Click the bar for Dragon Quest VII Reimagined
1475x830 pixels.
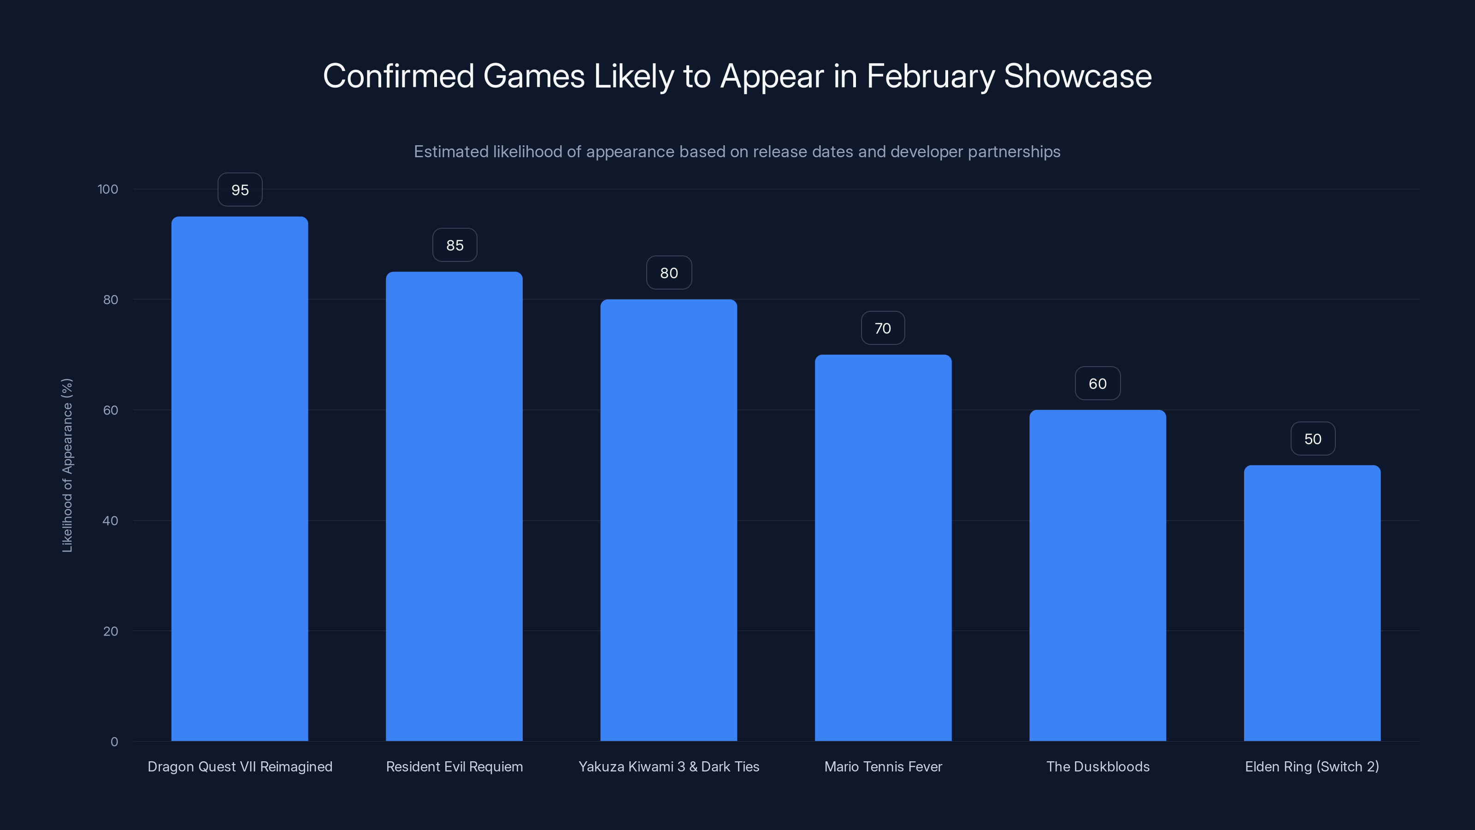pos(239,479)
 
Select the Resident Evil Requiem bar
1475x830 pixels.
pos(454,506)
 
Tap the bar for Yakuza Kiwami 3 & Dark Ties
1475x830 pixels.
pos(668,520)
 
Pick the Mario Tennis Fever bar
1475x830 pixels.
pos(883,548)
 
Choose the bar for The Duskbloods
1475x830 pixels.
pos(1097,575)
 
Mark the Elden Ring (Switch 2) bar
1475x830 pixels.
pos(1312,603)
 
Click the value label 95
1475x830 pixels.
pos(240,190)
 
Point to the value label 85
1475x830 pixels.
pos(454,245)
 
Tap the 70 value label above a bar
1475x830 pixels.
pos(883,328)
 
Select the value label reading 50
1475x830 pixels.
pos(1313,439)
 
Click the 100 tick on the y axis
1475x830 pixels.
pos(108,189)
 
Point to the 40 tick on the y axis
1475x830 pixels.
pos(111,521)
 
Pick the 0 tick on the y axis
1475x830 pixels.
pos(114,742)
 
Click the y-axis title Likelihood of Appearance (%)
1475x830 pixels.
pos(67,465)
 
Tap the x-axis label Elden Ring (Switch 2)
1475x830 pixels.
pos(1312,766)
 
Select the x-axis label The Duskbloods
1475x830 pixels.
pos(1097,766)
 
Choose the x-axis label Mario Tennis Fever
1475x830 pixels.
pos(883,766)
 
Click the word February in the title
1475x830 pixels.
pos(931,76)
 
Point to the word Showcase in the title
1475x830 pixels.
pos(1078,76)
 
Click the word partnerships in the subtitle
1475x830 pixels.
pos(1014,152)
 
